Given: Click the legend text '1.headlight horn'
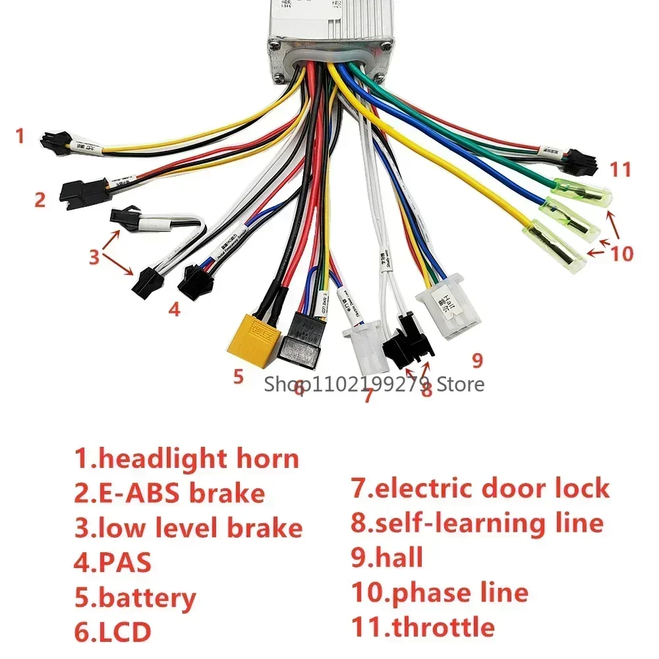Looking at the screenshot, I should (x=187, y=459).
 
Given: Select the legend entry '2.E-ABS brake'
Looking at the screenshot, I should (x=169, y=493).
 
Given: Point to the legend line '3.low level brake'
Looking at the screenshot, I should (x=188, y=528).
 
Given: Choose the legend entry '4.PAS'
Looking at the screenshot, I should (x=113, y=563).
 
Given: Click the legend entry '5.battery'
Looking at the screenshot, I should (x=135, y=598).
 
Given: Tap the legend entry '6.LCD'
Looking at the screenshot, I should (x=113, y=632).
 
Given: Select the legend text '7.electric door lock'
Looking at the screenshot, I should (x=480, y=488).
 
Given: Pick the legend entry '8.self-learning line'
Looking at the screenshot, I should (x=477, y=523).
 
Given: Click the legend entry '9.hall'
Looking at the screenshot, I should (x=387, y=558).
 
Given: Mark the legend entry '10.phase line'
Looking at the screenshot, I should (x=440, y=592).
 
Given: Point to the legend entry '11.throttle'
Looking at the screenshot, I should (x=422, y=627).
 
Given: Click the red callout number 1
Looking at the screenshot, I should (x=20, y=136).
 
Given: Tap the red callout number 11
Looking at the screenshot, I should (x=620, y=169).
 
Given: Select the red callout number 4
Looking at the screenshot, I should (x=173, y=308).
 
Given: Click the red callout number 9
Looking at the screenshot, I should (x=477, y=360).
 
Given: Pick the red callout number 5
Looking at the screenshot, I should (x=239, y=377).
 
